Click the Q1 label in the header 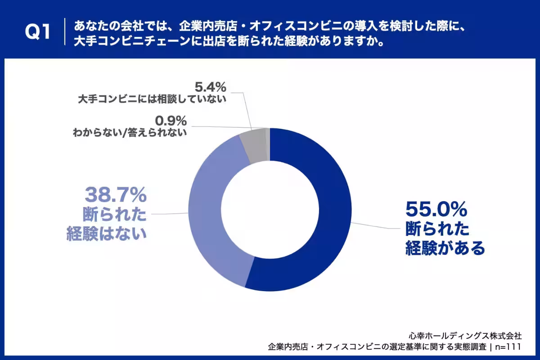click(38, 32)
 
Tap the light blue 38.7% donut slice click(212, 212)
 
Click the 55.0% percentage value click(436, 210)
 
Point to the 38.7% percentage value click(116, 195)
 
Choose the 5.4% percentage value click(211, 87)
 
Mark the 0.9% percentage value click(171, 121)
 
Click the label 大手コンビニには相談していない click(152, 99)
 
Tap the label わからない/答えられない click(130, 133)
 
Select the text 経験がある click(445, 248)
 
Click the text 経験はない click(107, 234)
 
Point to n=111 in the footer click(508, 347)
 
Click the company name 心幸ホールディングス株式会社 click(465, 336)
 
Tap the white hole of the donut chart click(270, 210)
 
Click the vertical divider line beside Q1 click(65, 31)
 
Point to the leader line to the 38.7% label click(170, 214)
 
